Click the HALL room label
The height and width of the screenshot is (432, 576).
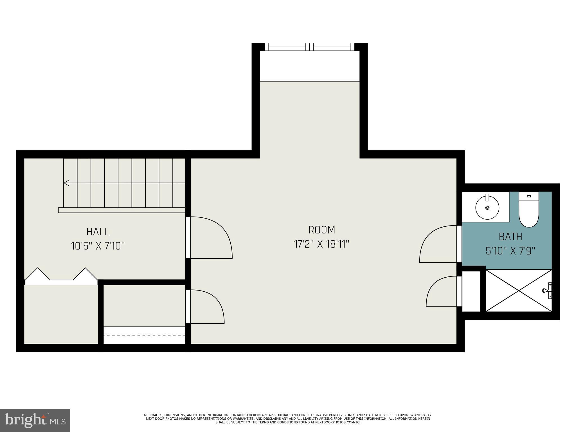click(98, 232)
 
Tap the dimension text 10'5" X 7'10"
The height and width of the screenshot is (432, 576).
click(98, 246)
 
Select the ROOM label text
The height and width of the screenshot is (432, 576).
click(321, 230)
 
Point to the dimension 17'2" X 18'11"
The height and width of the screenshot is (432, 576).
click(321, 244)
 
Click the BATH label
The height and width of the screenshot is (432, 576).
click(510, 237)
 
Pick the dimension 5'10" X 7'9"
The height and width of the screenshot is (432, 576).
click(510, 251)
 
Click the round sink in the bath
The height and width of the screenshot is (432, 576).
click(487, 208)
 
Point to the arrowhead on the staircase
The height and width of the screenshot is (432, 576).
click(67, 183)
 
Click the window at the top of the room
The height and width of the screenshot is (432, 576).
click(309, 47)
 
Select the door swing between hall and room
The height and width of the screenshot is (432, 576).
click(210, 238)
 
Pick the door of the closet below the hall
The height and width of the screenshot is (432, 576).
click(205, 307)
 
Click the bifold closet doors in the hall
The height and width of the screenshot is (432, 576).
click(61, 276)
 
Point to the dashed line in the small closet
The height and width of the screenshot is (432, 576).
click(144, 335)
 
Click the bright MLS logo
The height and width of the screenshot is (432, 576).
click(35, 420)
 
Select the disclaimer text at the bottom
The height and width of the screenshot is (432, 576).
click(288, 418)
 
